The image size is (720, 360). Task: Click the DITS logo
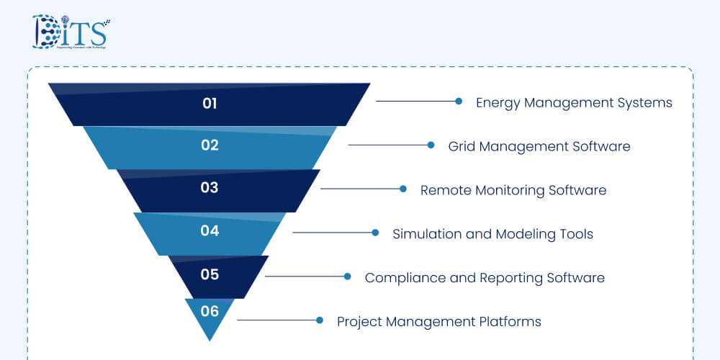69,32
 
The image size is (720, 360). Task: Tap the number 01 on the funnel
210,104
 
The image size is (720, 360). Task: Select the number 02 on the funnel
210,145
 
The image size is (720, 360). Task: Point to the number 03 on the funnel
210,189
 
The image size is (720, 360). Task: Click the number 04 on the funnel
210,232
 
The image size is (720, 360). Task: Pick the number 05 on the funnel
210,275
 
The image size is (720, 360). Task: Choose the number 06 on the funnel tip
210,312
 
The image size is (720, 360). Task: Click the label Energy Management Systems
574,103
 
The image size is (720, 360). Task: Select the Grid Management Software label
539,147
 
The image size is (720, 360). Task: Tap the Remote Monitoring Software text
513,191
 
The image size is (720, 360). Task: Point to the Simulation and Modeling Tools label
492,234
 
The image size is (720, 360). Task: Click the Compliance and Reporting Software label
485,278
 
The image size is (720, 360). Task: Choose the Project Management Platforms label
439,322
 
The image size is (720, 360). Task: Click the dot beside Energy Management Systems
459,102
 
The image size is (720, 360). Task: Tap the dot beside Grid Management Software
431,145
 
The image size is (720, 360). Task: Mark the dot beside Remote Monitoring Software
403,189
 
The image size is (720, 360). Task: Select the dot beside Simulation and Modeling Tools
375,233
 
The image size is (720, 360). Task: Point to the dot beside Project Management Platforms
319,320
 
